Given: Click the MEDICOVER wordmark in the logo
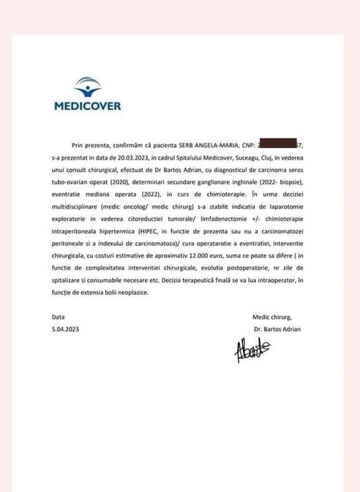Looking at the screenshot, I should [x=87, y=107].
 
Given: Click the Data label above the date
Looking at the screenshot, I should [x=58, y=317].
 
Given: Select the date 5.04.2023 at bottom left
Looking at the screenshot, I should [x=65, y=330].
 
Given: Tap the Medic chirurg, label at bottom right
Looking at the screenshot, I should [x=272, y=317].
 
